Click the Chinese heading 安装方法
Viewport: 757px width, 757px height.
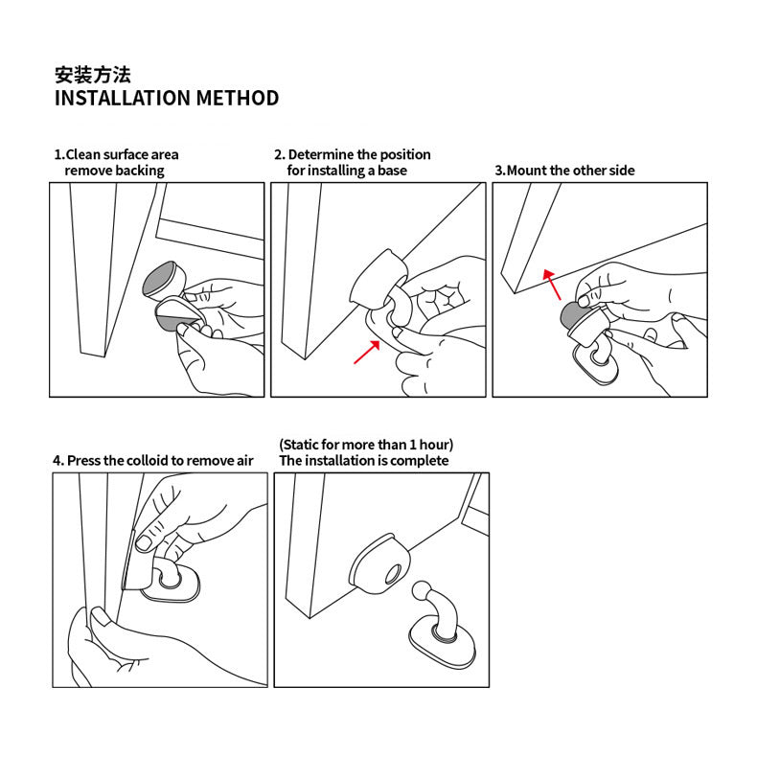point(92,75)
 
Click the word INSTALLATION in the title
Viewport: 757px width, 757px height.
point(123,98)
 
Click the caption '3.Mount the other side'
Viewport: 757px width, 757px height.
point(564,171)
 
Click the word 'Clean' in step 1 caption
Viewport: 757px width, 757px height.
point(82,154)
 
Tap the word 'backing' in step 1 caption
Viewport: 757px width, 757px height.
point(140,171)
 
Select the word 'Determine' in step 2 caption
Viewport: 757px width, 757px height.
point(321,154)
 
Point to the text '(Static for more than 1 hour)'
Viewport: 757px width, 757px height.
point(366,445)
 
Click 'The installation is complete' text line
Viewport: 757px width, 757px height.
point(363,460)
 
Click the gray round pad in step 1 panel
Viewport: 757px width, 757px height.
point(162,279)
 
